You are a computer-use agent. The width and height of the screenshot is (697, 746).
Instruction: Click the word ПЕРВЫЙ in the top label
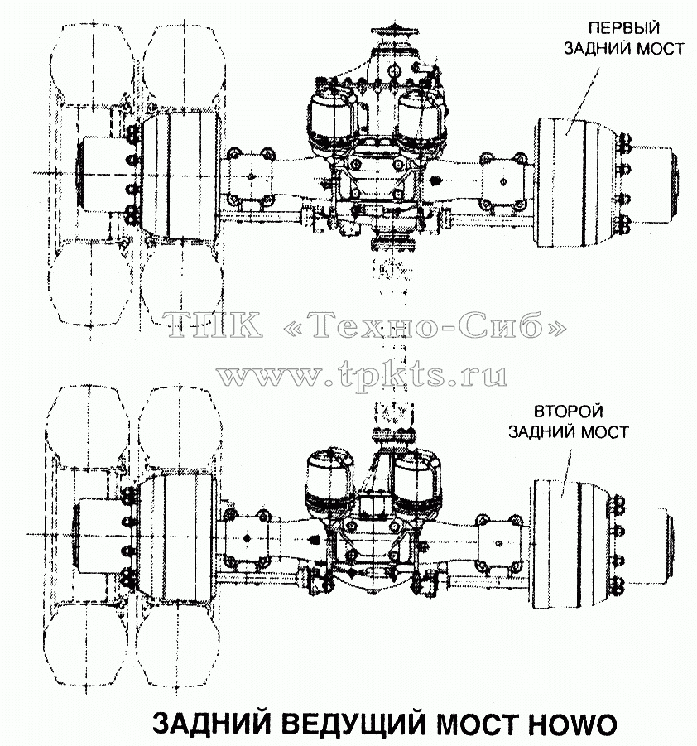[x=623, y=27]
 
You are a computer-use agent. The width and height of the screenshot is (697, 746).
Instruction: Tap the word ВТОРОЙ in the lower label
[x=568, y=411]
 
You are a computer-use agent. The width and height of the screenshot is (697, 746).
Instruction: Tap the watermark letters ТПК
[x=214, y=325]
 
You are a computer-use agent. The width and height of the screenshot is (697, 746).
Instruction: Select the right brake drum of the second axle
[x=572, y=544]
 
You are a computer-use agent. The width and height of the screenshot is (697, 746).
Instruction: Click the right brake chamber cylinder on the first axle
[x=421, y=119]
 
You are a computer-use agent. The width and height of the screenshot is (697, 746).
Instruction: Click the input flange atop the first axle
[x=394, y=33]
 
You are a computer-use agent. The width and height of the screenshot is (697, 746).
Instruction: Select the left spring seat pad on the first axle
[x=249, y=176]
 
